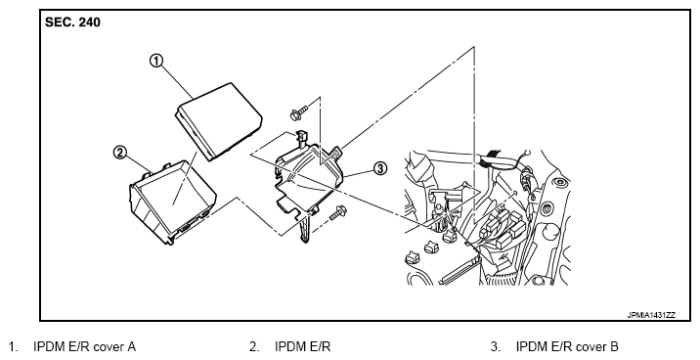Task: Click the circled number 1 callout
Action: click(x=156, y=61)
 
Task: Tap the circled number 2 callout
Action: click(x=119, y=153)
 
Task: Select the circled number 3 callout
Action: click(x=379, y=168)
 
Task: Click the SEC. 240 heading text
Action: click(x=72, y=22)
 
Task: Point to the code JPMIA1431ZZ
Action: click(x=651, y=315)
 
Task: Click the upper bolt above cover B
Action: click(x=299, y=112)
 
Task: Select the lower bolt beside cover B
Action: click(x=338, y=213)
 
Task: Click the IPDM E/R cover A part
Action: click(x=219, y=120)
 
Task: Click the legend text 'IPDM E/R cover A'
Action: click(x=84, y=346)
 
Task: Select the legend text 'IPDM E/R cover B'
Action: click(x=567, y=346)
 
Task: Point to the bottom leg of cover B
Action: click(x=305, y=229)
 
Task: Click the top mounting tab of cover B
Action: click(x=301, y=137)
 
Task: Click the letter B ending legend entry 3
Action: click(x=614, y=346)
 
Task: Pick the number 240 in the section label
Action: click(x=90, y=22)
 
